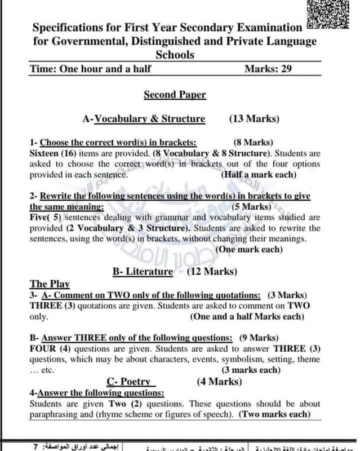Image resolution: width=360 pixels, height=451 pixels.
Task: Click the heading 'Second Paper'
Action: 175,95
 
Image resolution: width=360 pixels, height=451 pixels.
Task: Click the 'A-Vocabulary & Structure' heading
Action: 143,119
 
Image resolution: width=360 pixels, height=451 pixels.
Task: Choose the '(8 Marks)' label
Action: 253,143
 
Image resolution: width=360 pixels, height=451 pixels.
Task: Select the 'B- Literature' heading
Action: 143,272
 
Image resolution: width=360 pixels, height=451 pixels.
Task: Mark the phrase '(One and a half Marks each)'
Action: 251,317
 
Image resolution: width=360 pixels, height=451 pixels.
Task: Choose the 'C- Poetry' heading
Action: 131,382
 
